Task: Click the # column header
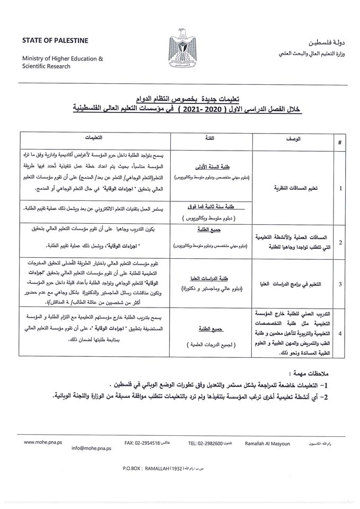tap(339, 143)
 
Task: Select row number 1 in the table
tap(339, 188)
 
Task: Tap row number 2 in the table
tap(339, 242)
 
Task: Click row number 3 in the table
tap(339, 284)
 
